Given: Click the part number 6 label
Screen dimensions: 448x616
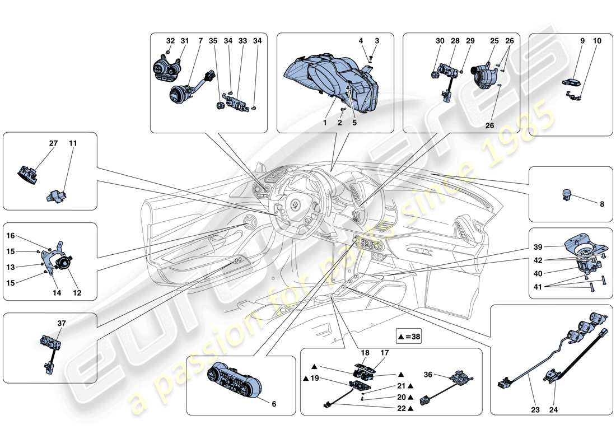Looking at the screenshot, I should (x=273, y=403).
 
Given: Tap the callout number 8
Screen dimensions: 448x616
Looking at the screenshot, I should (x=602, y=204).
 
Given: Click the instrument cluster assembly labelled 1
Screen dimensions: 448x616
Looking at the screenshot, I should (x=330, y=84).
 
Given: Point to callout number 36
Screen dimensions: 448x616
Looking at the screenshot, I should (x=427, y=375).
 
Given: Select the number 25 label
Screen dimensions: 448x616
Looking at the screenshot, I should (x=494, y=41).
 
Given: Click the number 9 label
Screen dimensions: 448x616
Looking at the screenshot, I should (x=582, y=41).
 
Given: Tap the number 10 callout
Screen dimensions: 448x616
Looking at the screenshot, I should (x=597, y=41).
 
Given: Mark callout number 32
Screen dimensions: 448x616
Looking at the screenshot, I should (x=170, y=41).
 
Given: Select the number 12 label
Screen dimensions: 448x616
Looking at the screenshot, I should (x=77, y=293).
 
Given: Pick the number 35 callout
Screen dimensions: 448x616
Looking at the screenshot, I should (x=213, y=41).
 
